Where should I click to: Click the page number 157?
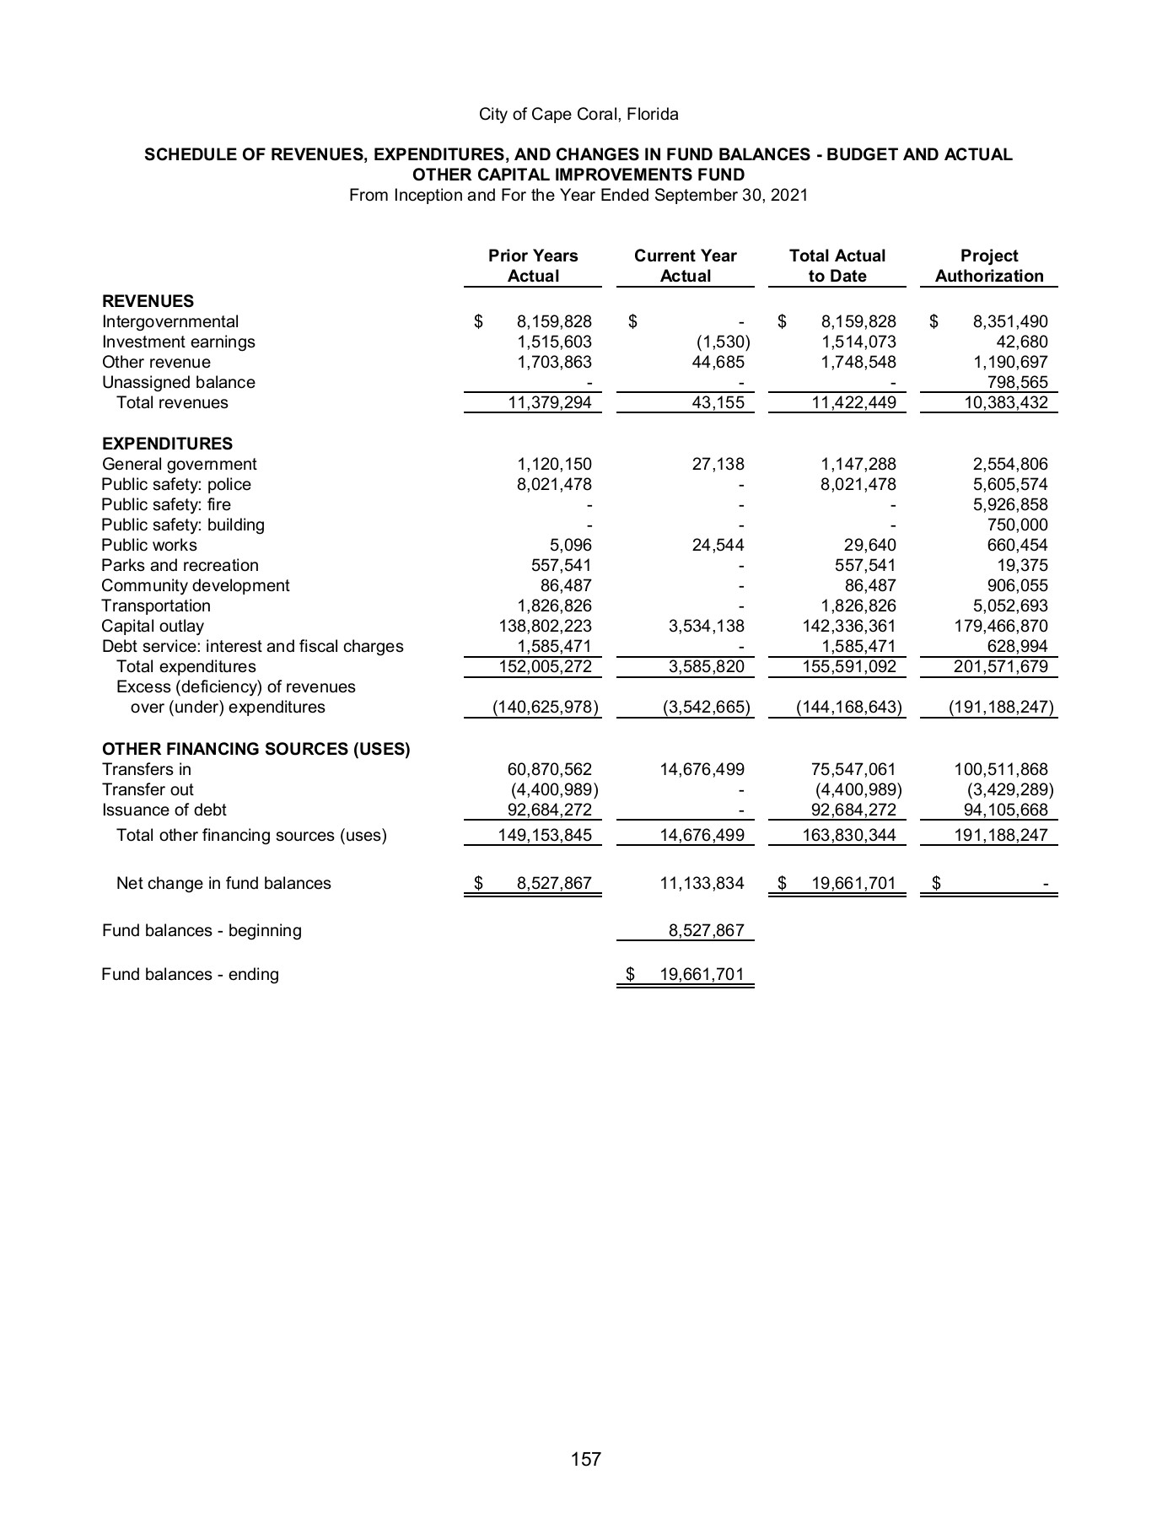pos(585,1458)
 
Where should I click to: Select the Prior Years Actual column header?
pos(533,266)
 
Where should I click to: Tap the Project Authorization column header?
pos(988,266)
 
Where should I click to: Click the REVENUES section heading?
pos(148,301)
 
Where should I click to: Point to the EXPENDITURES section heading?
pos(167,444)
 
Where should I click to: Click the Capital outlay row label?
pos(153,626)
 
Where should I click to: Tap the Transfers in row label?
pos(146,769)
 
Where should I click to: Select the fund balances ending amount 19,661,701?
pos(701,975)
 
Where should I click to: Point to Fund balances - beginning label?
pos(202,930)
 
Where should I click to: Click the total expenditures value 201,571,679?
pos(997,667)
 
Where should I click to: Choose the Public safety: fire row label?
pos(166,504)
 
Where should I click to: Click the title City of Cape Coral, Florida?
pos(578,114)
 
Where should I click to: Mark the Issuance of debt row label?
pos(164,810)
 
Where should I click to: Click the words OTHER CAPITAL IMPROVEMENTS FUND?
pos(578,175)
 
